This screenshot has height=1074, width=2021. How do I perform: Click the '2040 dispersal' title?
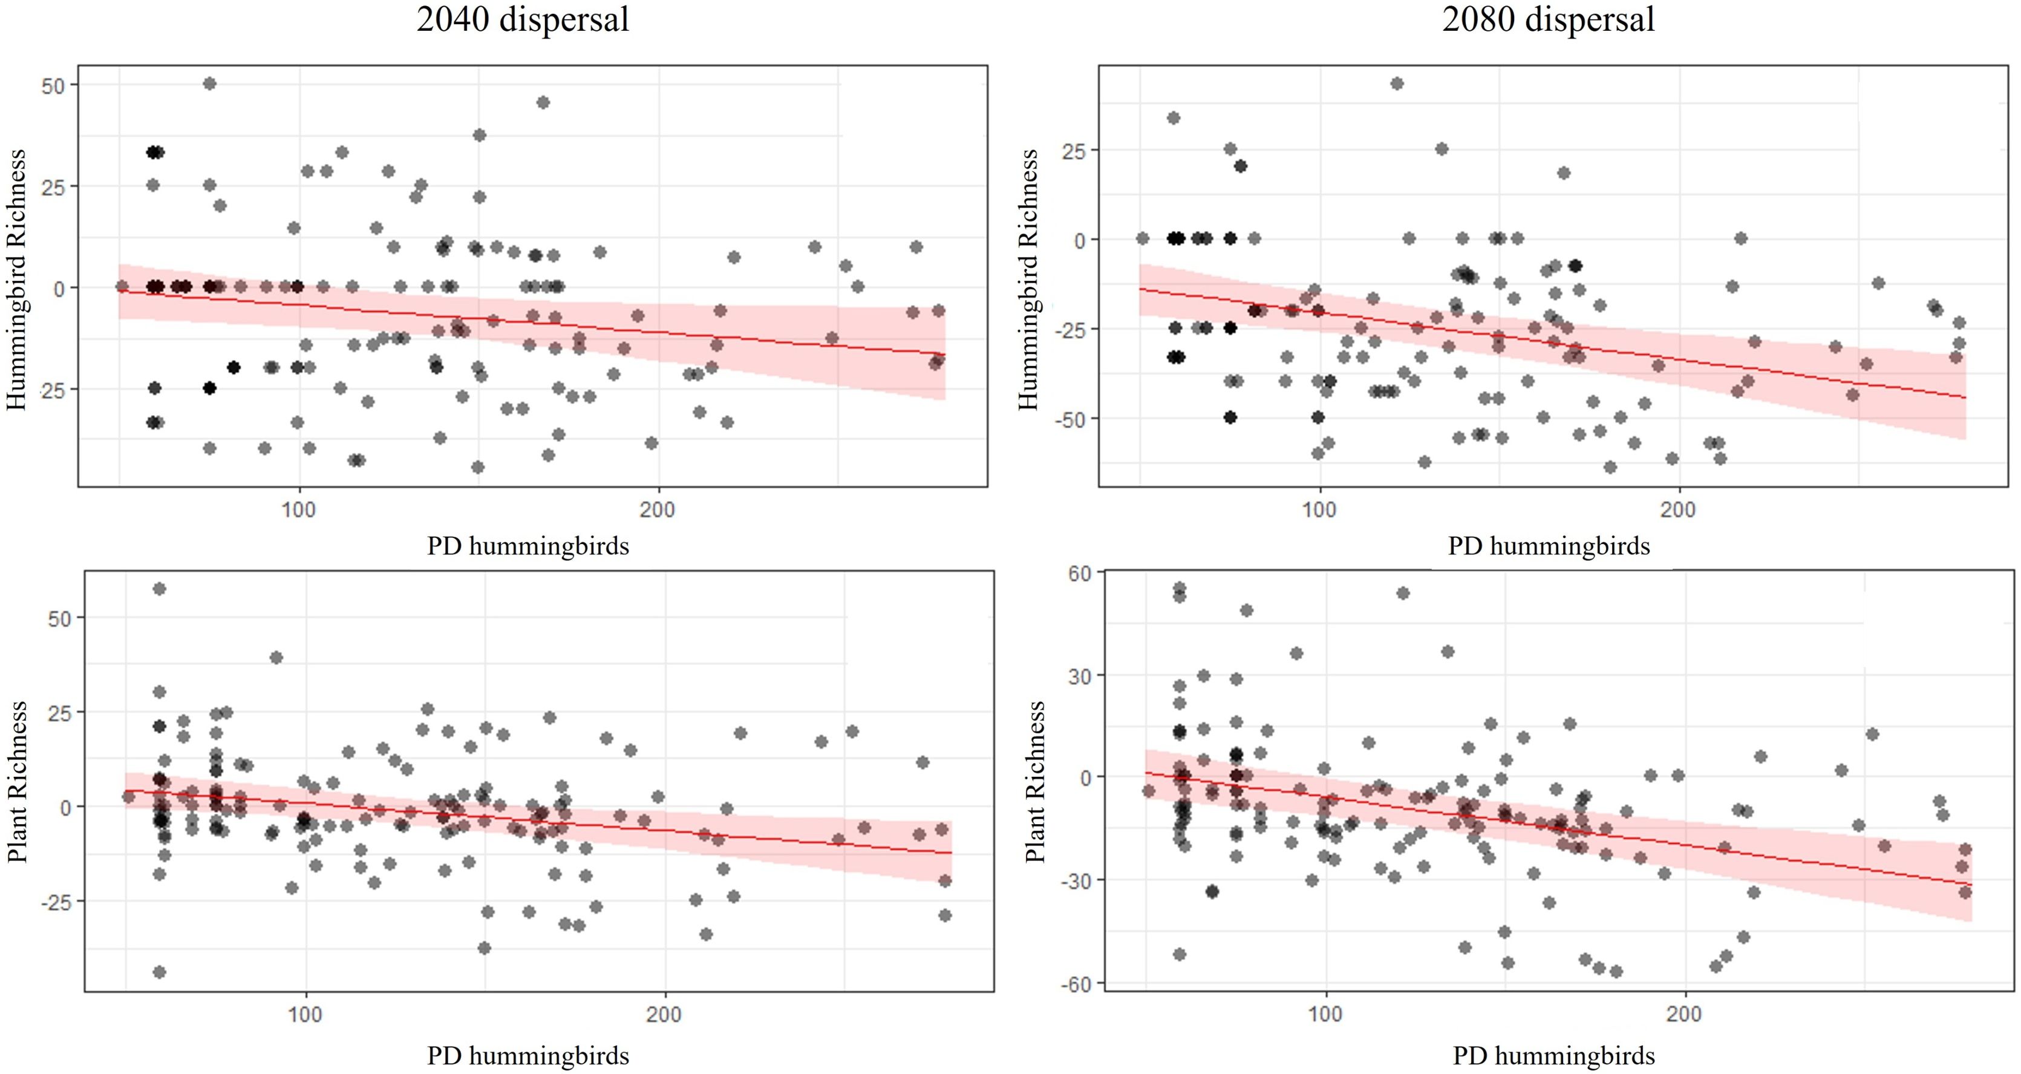point(523,19)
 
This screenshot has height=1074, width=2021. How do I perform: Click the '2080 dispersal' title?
point(1548,19)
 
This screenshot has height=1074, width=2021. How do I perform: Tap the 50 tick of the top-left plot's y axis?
point(53,85)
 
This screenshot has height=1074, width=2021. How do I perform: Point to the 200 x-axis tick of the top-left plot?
point(657,510)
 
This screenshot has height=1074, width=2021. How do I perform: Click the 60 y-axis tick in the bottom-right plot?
point(1080,574)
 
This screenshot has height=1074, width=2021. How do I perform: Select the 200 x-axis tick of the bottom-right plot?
point(1685,1014)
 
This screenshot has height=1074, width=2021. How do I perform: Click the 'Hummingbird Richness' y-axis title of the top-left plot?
point(18,280)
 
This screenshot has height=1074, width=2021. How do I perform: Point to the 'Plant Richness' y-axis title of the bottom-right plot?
point(1036,782)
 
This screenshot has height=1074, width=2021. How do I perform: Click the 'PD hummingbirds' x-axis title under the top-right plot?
point(1549,546)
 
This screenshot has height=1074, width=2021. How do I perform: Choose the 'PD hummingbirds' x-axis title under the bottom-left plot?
point(528,1056)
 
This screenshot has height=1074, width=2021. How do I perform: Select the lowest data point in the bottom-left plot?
point(159,972)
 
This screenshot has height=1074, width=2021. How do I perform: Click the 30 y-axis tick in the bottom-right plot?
point(1080,676)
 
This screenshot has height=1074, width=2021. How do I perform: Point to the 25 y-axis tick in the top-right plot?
point(1073,150)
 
